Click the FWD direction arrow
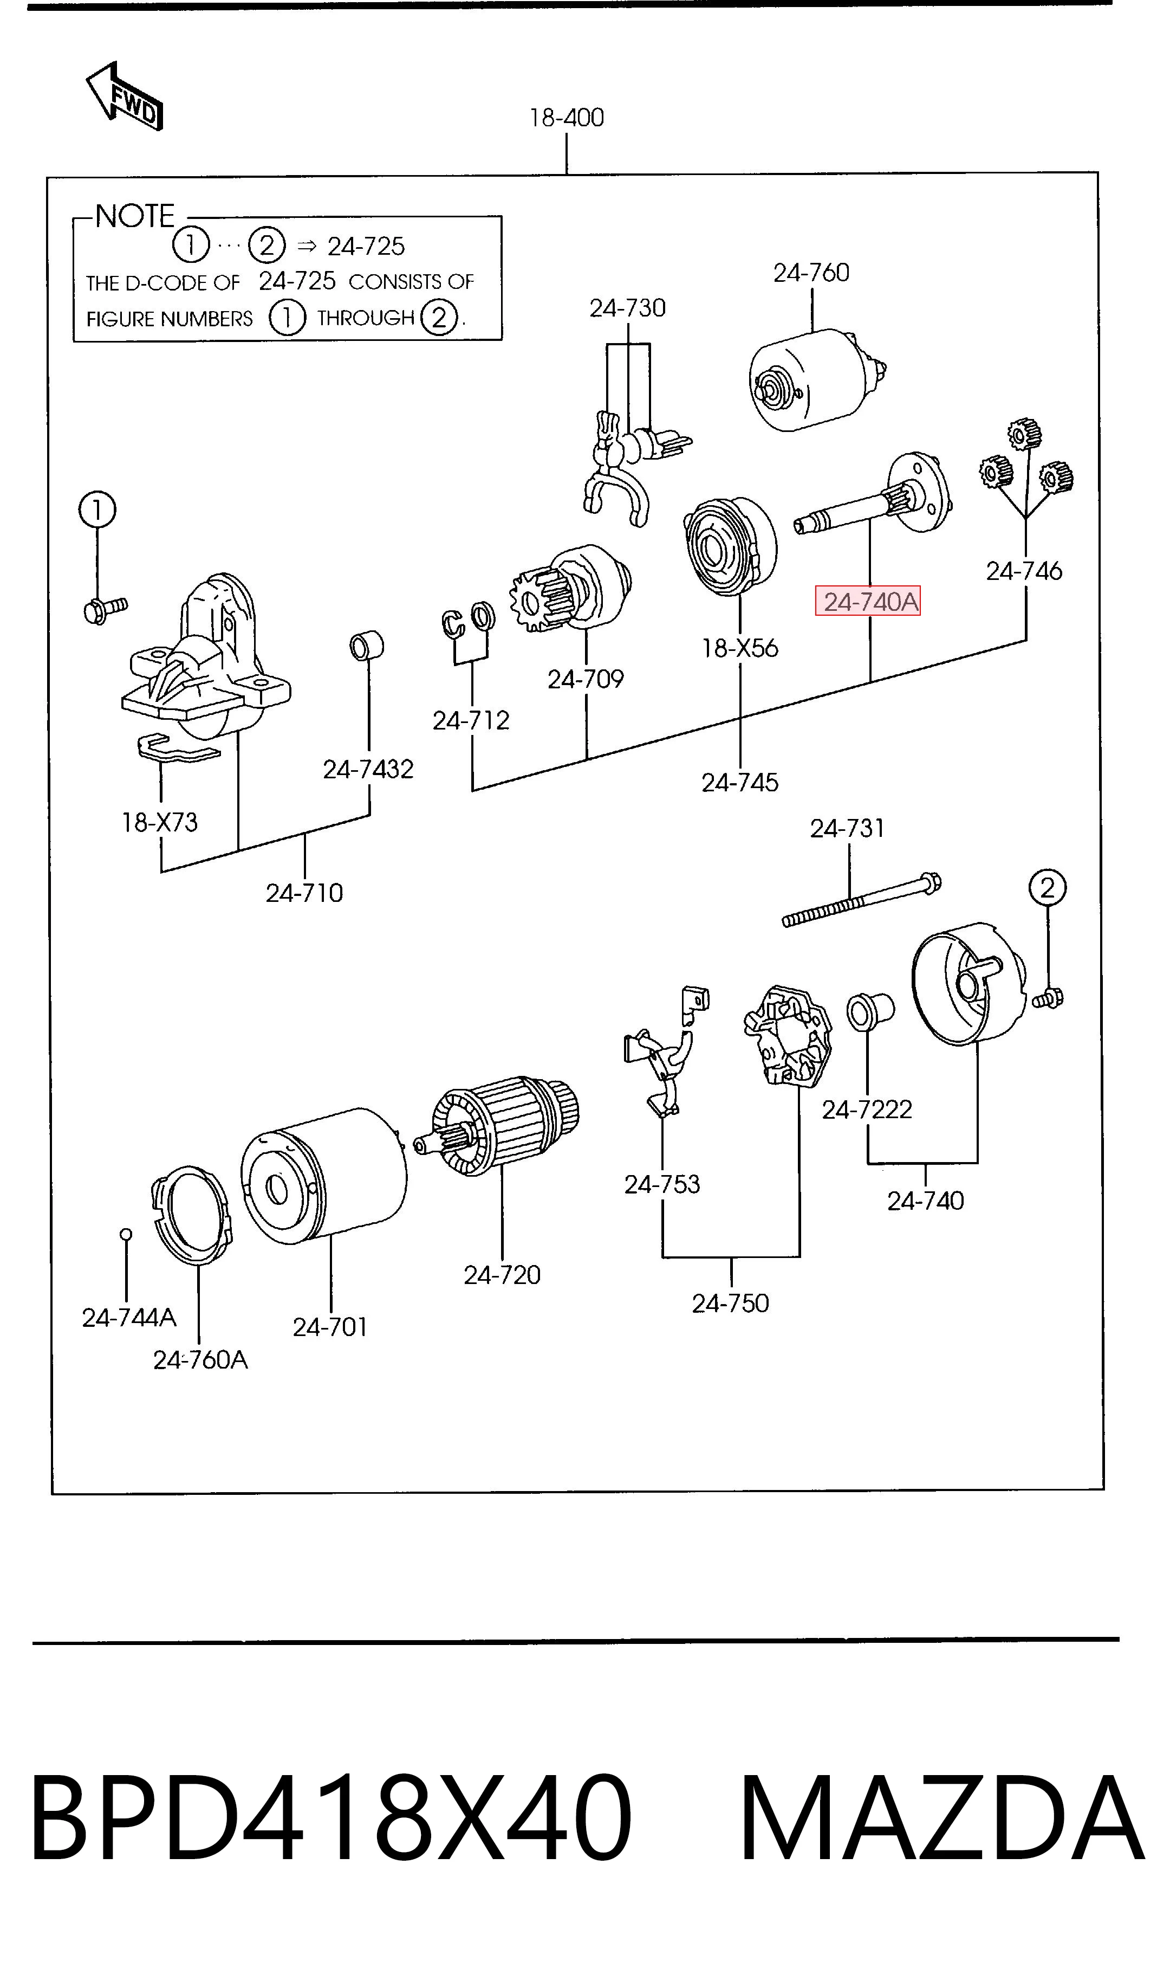coord(125,96)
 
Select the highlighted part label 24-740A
coord(868,602)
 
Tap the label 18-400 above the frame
coord(567,118)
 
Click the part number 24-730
coord(628,307)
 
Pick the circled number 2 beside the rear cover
coord(1047,888)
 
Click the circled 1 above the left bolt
coord(97,509)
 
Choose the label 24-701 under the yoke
coord(330,1327)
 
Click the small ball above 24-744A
coord(125,1234)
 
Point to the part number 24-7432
coord(368,769)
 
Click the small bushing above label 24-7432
coord(367,646)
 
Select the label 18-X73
coord(159,823)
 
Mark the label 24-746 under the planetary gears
coord(1024,571)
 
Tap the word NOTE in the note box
coord(135,216)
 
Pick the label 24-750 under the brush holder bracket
coord(730,1303)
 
